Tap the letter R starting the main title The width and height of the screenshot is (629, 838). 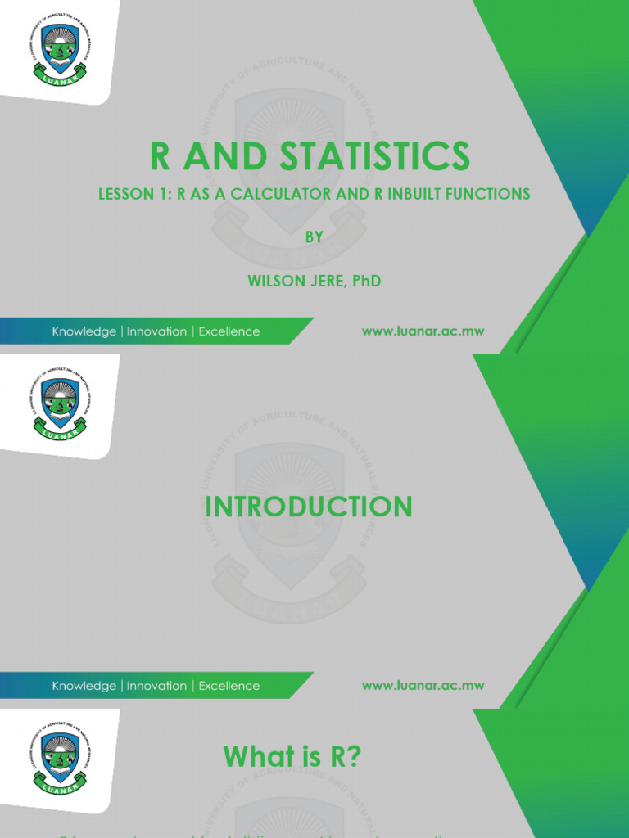tap(161, 156)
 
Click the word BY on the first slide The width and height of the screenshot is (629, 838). tap(314, 237)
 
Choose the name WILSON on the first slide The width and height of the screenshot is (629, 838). tap(276, 281)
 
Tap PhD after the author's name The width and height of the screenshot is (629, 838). tap(365, 281)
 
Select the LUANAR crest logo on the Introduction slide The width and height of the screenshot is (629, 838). tap(59, 403)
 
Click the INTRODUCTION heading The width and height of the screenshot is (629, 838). tap(309, 507)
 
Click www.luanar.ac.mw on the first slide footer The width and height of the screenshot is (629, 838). tap(423, 331)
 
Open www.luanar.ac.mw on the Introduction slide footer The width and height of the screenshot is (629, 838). tap(423, 686)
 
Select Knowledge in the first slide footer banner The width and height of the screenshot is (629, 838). tap(84, 331)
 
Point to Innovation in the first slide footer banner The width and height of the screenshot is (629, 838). tap(156, 331)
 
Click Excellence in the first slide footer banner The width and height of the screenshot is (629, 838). tap(229, 331)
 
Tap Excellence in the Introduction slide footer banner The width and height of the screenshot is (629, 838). tap(229, 686)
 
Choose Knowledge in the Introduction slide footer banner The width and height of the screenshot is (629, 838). tap(84, 686)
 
